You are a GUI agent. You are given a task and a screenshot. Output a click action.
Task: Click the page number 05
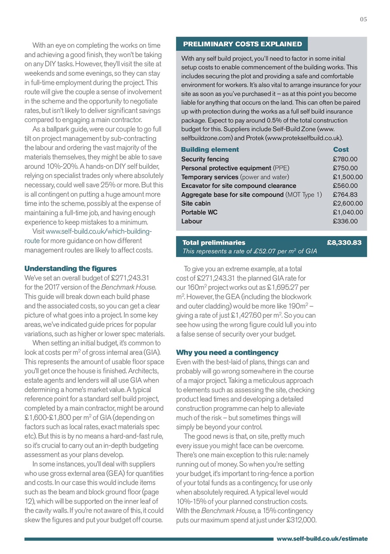pos(363,19)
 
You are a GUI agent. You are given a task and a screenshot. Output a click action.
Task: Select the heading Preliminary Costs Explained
pos(242,44)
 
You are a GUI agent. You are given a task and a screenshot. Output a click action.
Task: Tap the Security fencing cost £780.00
pos(345,159)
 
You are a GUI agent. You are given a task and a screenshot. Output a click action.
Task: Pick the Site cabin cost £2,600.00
pos(348,203)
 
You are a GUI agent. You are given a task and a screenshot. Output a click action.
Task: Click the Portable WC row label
pos(199,212)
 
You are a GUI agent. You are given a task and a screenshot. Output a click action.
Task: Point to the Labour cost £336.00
pos(345,221)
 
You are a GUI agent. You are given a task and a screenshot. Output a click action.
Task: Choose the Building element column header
pos(210,150)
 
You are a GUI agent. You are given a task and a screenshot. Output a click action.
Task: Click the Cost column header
pos(341,150)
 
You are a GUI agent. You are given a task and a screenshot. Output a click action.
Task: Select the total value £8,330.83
pos(344,243)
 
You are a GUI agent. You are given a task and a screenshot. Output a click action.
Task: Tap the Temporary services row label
pos(210,177)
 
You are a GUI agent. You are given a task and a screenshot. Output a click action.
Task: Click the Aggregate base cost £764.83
pos(345,195)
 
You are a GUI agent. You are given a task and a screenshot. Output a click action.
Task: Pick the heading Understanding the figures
pos(70,269)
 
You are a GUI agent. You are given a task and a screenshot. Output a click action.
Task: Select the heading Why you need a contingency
pos(227,352)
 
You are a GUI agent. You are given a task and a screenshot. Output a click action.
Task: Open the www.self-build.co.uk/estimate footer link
pos(322,539)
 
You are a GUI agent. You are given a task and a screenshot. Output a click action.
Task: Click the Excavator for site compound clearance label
pos(239,186)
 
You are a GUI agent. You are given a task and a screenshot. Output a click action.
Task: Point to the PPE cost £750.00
pos(345,168)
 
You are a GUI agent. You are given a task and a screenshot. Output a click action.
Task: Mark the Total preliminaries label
pos(214,243)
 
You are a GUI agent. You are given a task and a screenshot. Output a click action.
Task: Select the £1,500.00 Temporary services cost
pos(348,177)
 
